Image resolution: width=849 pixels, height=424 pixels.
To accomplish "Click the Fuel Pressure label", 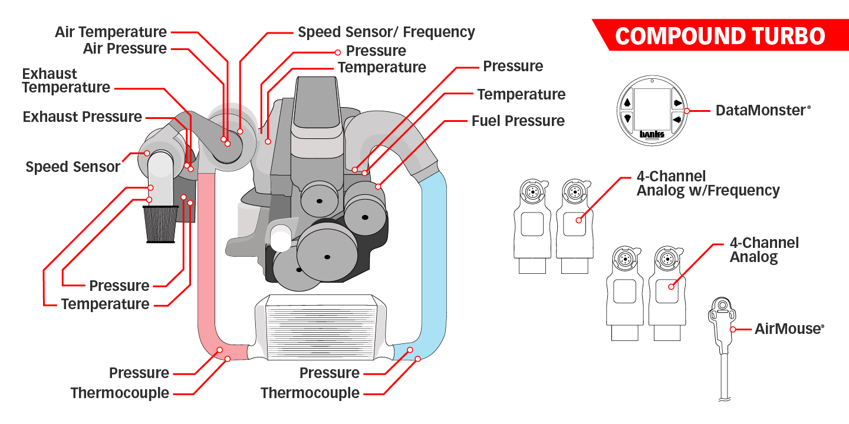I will point(518,121).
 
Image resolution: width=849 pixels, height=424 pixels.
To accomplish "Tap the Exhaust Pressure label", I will point(82,117).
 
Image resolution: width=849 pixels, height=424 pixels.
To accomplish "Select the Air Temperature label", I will point(111,32).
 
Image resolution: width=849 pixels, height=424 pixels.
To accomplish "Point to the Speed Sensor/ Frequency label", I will point(386,32).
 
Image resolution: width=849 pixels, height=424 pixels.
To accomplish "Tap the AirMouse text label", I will point(788,329).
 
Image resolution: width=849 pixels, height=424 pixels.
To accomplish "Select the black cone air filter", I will point(160,224).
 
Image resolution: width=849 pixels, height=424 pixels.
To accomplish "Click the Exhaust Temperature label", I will point(66,81).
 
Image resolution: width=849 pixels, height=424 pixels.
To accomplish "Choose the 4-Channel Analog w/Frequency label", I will point(707,184).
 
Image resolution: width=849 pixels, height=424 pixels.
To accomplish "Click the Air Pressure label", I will point(125,49).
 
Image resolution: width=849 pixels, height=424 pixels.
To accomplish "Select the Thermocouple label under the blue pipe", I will point(310,393).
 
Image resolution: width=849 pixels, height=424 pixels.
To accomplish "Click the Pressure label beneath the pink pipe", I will point(139,373).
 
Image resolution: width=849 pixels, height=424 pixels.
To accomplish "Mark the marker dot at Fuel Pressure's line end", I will point(378,186).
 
